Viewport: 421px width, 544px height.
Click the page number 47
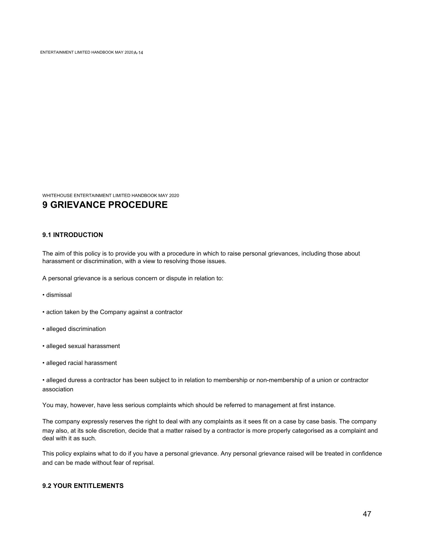(367, 514)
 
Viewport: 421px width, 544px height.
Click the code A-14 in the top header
(138, 53)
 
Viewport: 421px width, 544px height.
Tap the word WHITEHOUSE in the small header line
(57, 195)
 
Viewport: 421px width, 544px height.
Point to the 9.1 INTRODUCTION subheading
(72, 235)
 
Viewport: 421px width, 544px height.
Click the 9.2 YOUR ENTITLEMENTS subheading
(83, 486)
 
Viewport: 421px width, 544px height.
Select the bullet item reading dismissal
(59, 295)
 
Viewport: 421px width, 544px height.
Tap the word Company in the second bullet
(112, 312)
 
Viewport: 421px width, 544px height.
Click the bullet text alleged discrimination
(76, 329)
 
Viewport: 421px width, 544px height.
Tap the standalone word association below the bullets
(58, 389)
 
